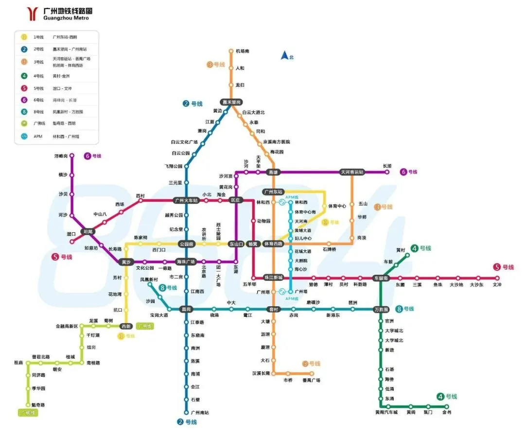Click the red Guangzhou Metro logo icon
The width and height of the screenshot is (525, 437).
(x=32, y=14)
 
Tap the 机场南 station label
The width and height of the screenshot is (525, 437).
(x=243, y=51)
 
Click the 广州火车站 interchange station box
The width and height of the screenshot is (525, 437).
(x=186, y=200)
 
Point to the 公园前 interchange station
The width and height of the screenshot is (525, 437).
(x=186, y=244)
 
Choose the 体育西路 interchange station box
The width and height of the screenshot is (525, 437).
(x=273, y=244)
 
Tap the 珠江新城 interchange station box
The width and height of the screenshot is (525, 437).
(x=273, y=278)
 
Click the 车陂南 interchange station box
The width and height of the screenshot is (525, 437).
(x=381, y=278)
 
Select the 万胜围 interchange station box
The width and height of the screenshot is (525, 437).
(x=381, y=309)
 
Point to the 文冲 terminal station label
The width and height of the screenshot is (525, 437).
(x=496, y=285)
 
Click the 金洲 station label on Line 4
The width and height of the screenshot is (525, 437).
(x=447, y=413)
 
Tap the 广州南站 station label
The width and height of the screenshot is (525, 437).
(x=200, y=412)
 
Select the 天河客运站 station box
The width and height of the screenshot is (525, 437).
(x=352, y=172)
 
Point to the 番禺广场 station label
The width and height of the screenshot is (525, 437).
(x=311, y=380)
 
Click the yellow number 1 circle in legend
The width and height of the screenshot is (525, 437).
(x=24, y=37)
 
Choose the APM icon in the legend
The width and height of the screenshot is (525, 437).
(x=24, y=137)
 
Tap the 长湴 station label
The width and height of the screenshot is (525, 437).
(x=387, y=166)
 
